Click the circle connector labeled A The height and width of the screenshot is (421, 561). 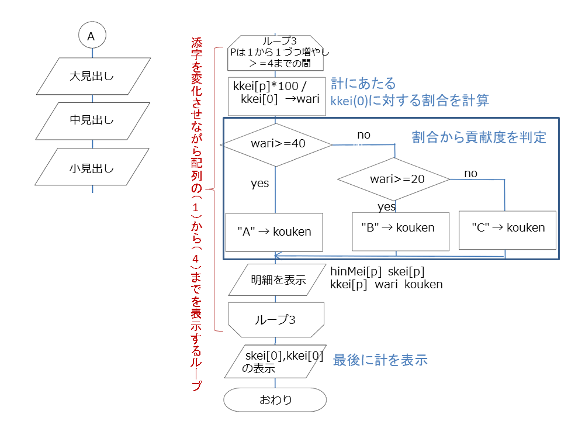point(92,35)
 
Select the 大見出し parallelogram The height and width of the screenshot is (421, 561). point(93,76)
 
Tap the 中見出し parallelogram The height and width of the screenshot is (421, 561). point(93,121)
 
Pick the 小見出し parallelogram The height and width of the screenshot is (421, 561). point(92,167)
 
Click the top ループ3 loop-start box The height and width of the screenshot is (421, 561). point(275,53)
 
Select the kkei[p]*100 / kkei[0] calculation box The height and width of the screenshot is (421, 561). point(277,96)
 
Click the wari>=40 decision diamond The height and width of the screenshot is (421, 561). point(276,144)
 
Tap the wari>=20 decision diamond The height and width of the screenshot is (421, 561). point(394,179)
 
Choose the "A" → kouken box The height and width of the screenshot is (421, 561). point(274,232)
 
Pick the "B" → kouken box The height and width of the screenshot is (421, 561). point(401,232)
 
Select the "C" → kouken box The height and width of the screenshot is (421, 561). point(508,230)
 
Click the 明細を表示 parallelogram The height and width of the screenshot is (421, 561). point(278,280)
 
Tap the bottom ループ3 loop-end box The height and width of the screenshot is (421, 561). point(276,320)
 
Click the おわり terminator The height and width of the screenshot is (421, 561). point(275,399)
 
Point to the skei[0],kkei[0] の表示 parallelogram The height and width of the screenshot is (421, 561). point(275,361)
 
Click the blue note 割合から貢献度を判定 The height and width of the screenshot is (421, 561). point(479,137)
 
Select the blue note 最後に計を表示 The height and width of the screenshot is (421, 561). point(380,360)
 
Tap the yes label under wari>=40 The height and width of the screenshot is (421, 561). point(259,183)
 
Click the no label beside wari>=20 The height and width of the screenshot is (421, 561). point(471,174)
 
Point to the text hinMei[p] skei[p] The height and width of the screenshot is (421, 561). point(378,271)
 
